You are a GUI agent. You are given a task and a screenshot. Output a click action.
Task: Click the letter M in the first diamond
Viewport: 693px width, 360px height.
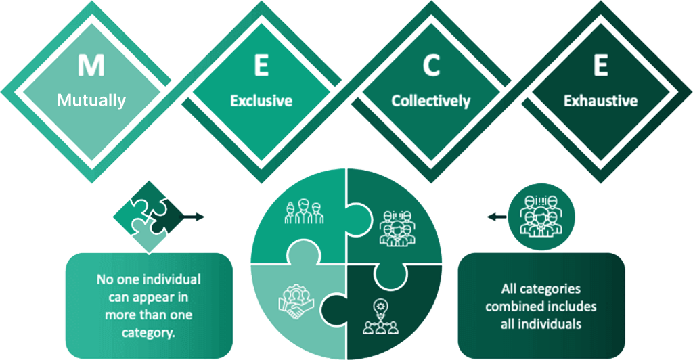(x=91, y=65)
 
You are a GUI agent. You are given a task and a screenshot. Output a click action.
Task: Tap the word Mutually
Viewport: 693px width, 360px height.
(x=91, y=101)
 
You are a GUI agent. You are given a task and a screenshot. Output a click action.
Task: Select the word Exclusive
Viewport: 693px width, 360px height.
(x=261, y=101)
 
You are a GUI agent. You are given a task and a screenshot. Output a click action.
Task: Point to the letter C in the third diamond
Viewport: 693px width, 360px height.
(x=431, y=65)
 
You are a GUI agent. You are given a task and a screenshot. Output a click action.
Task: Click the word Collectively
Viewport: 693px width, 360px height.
(x=431, y=101)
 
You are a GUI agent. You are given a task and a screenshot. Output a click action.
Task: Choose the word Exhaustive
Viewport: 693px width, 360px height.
(x=600, y=101)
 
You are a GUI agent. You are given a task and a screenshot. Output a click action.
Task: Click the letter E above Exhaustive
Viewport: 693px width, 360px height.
(x=600, y=65)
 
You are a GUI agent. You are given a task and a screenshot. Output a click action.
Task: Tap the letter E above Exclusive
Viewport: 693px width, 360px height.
(x=261, y=65)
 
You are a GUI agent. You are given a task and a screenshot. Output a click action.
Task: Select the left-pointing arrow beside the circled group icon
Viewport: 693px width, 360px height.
(x=496, y=217)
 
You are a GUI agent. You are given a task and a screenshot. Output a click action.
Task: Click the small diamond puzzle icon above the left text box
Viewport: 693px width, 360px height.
(x=150, y=215)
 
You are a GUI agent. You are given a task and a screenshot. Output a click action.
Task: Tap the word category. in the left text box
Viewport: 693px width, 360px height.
(x=150, y=332)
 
